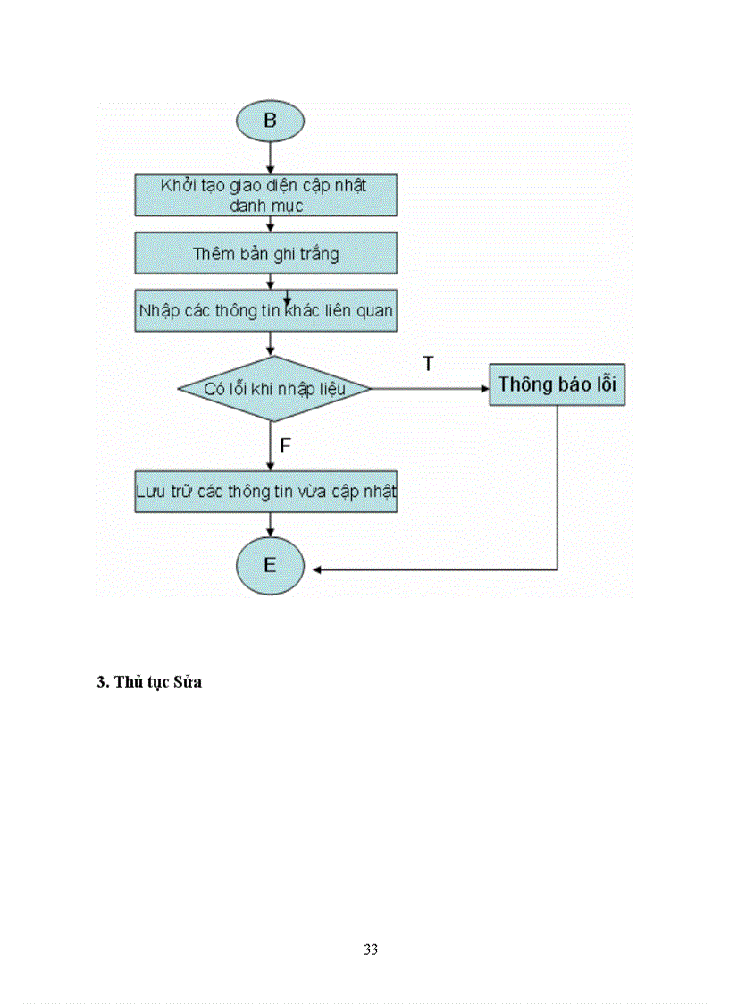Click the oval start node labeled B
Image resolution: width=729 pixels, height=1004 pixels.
click(x=270, y=121)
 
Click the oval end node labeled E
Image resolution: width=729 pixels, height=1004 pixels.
click(x=270, y=566)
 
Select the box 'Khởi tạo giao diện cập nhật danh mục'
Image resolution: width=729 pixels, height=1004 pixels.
click(x=265, y=195)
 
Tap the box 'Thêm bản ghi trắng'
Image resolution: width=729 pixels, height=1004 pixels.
click(x=265, y=254)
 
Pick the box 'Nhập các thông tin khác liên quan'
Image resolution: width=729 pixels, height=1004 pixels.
click(x=265, y=311)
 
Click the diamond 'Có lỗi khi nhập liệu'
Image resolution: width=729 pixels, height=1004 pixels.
click(x=274, y=389)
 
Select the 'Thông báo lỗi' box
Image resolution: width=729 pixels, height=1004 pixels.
click(x=557, y=384)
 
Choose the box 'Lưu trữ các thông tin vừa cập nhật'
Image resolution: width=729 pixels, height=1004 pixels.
click(x=265, y=492)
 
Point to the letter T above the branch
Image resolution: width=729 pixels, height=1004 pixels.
click(x=428, y=364)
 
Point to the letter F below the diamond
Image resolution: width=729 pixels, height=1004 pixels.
click(x=286, y=446)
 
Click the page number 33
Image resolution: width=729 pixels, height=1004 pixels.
click(x=371, y=949)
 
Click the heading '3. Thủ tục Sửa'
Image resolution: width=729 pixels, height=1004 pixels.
click(x=149, y=682)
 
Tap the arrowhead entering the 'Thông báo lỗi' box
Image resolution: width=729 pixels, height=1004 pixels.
click(x=483, y=389)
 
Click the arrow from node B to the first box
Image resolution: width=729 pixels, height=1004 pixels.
click(x=270, y=158)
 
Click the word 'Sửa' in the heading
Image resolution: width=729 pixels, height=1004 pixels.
click(x=189, y=682)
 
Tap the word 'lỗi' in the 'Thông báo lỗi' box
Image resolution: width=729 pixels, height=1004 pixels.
click(x=604, y=384)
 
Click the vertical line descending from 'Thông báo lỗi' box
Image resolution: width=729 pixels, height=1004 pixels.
click(x=557, y=487)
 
